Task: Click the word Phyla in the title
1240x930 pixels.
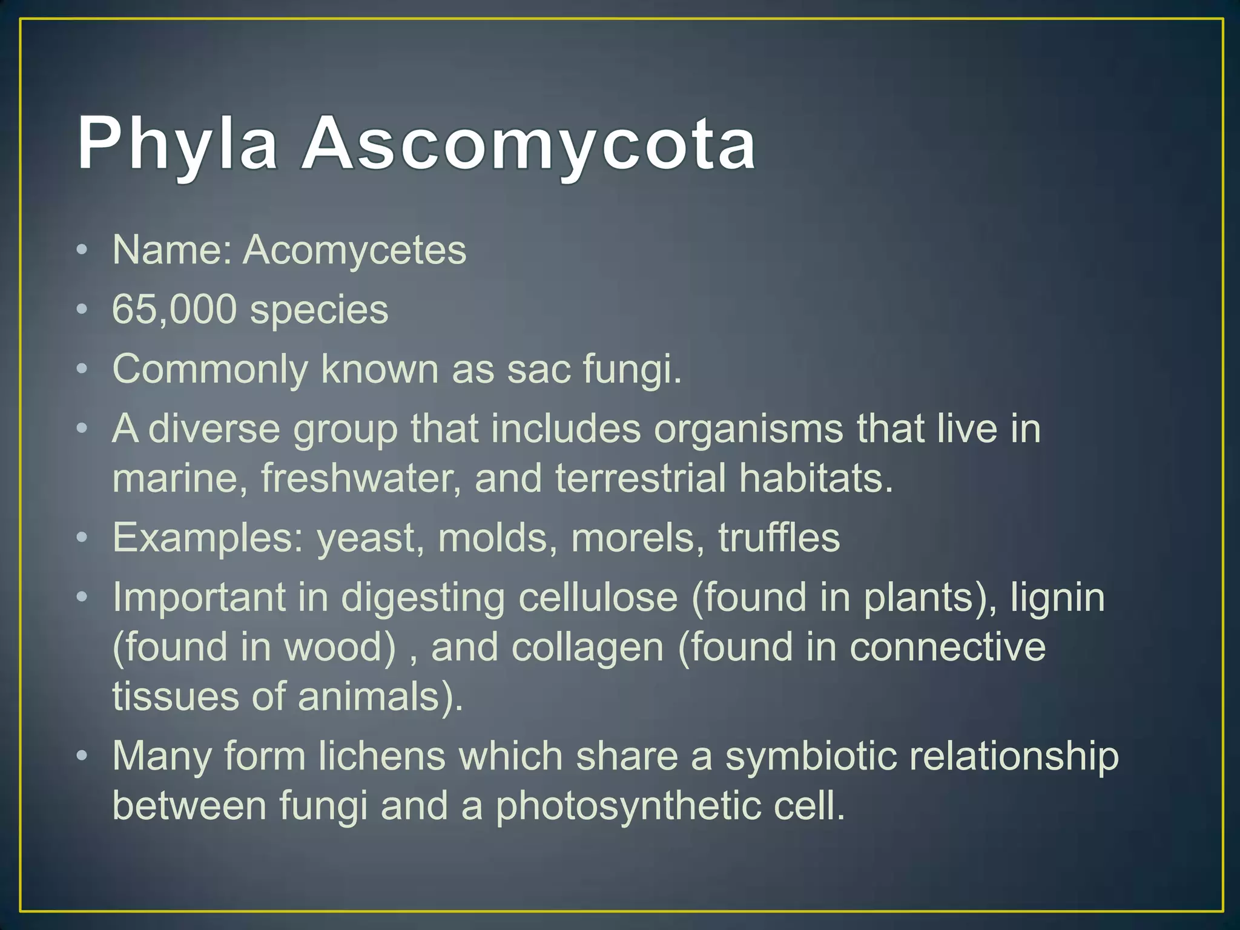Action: pos(177,145)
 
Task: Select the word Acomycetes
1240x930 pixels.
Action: pos(355,251)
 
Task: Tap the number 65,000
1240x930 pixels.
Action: pos(174,310)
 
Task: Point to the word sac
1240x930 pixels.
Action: pos(538,369)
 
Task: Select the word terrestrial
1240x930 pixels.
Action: pos(640,478)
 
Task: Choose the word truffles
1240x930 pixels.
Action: pos(779,538)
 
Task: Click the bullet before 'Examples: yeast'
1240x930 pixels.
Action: pos(82,538)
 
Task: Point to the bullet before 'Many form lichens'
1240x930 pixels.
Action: pos(82,757)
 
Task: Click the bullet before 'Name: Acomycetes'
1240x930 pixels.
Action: pos(82,250)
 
